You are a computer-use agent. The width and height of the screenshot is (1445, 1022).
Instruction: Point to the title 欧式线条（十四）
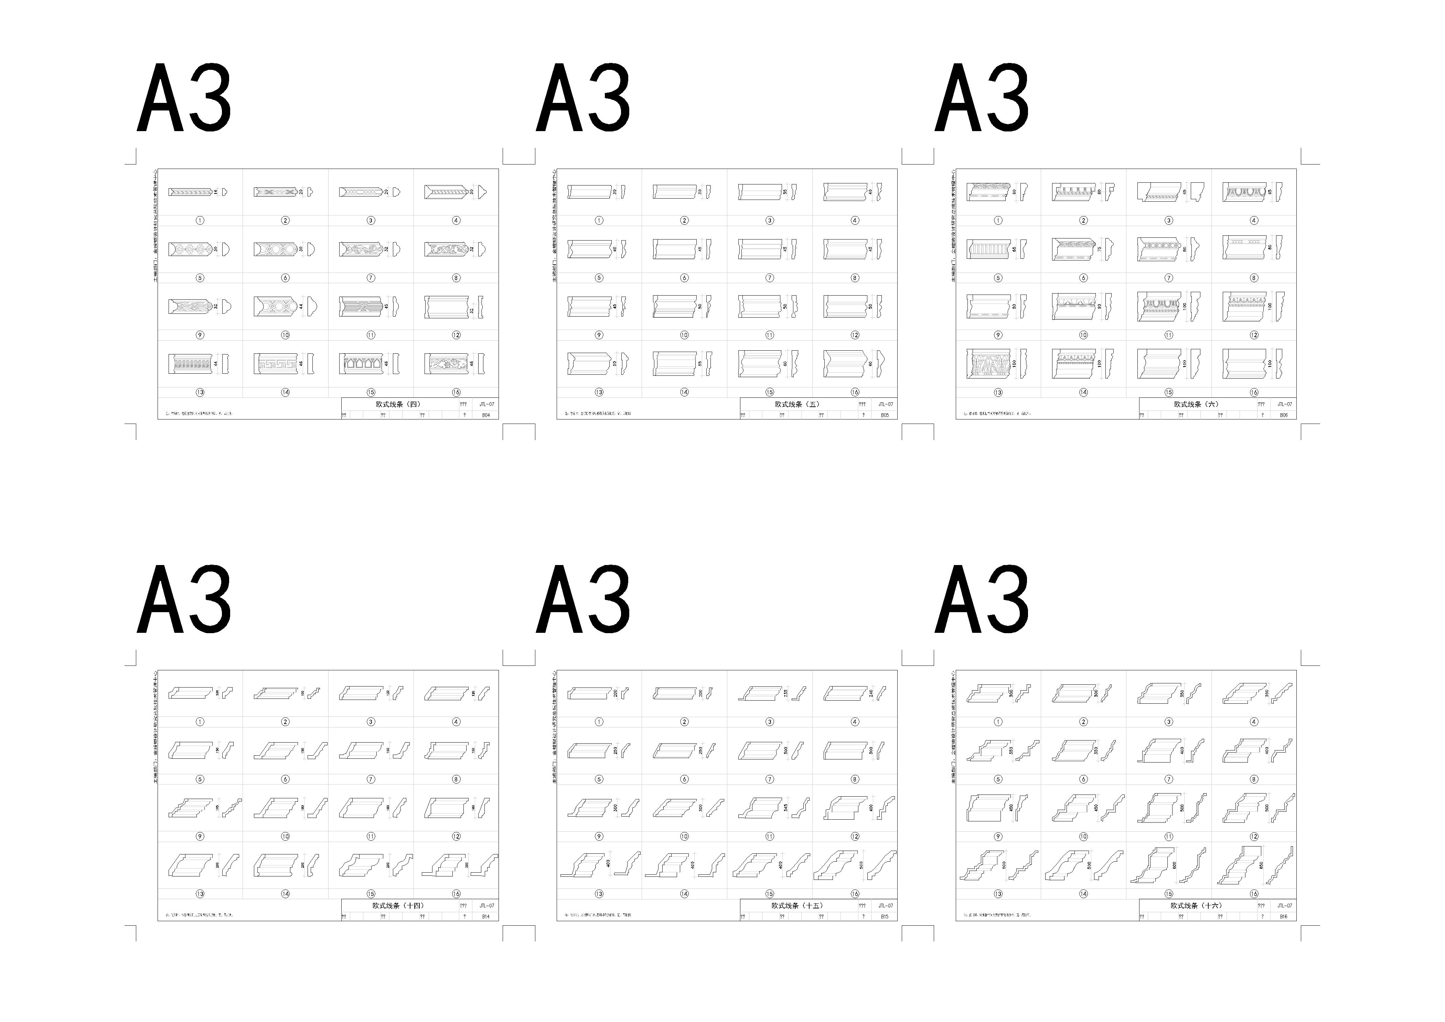(x=398, y=906)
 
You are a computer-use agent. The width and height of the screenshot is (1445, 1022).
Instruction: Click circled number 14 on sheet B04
(x=285, y=392)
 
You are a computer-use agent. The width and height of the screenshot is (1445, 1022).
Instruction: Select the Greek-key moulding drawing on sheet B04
(x=275, y=364)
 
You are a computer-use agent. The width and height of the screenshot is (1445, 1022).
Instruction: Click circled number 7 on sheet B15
(x=769, y=779)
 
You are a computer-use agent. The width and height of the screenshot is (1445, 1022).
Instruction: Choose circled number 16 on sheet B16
(x=1254, y=894)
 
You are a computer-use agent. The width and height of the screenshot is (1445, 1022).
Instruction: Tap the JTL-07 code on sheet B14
(x=486, y=906)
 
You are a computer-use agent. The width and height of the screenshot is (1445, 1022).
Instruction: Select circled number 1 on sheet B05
(x=599, y=220)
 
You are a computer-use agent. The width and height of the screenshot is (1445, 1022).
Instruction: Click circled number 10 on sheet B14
(x=285, y=836)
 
